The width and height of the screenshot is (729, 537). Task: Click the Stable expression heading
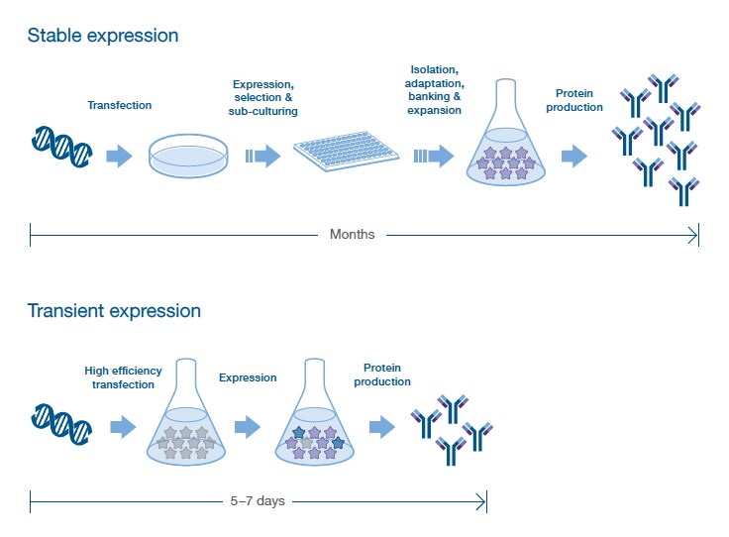103,36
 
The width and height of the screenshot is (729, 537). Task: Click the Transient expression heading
114,311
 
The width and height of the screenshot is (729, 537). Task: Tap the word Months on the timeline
353,235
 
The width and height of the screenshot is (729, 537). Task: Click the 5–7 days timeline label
257,501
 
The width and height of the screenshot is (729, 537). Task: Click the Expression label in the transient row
248,377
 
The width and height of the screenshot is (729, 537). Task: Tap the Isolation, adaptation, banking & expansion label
435,89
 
